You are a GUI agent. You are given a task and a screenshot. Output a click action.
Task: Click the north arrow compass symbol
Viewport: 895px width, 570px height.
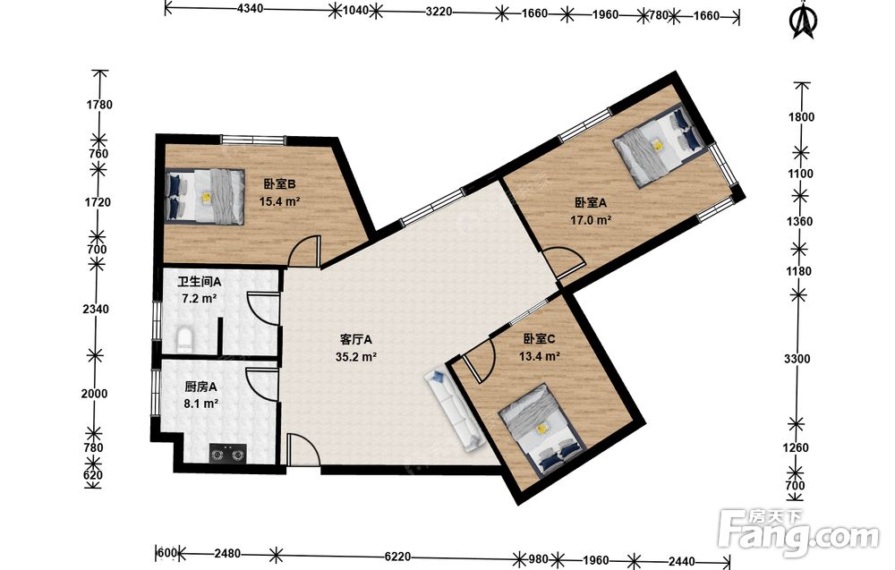coord(804,21)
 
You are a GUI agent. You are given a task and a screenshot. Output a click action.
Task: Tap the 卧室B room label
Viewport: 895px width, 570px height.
coord(279,183)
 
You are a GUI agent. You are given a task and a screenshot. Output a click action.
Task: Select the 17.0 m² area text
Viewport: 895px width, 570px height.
coord(591,219)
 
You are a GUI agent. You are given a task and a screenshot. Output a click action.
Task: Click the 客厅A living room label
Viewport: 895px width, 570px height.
coord(355,339)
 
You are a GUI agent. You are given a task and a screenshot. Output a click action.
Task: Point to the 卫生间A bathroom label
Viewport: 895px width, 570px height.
coord(200,281)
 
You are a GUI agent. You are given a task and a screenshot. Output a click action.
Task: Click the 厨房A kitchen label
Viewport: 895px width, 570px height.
coord(200,387)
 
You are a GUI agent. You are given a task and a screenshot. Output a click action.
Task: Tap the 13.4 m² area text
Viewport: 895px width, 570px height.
coord(539,357)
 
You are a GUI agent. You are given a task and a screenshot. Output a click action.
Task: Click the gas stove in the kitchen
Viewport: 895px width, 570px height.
coord(227,454)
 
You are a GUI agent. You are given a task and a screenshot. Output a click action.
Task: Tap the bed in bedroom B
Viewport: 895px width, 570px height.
coord(205,196)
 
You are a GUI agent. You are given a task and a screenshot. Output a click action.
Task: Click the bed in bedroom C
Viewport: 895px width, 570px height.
coord(541,429)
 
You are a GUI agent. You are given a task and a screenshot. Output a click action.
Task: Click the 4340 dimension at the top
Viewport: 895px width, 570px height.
coord(250,9)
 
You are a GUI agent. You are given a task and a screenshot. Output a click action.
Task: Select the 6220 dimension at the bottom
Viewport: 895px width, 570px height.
coord(397,556)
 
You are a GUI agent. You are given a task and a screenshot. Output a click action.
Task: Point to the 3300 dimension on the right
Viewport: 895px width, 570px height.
coord(797,359)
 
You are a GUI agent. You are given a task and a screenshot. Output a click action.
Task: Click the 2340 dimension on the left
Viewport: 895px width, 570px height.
coord(96,309)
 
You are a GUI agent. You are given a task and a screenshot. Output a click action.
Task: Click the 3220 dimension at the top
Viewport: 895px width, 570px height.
coord(439,11)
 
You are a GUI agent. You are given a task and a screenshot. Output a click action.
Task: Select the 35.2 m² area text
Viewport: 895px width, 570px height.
coord(356,357)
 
